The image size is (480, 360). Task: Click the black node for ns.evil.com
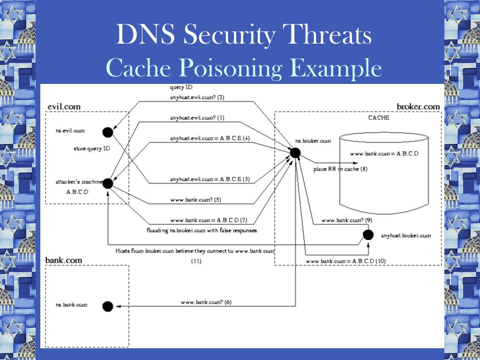point(108,132)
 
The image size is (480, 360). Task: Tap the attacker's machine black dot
point(107,183)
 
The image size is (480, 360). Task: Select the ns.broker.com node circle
point(295,152)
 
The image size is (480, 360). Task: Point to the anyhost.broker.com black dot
point(368,235)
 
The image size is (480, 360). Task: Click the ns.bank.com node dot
point(108,306)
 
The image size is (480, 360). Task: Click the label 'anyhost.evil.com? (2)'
point(197,97)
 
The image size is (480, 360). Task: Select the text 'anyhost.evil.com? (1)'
point(197,118)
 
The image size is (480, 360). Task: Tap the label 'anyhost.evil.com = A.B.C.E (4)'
point(210,138)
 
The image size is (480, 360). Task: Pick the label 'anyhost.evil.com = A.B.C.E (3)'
point(210,179)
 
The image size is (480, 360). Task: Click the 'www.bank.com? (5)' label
point(196,200)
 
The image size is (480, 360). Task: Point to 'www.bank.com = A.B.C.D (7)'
point(209,220)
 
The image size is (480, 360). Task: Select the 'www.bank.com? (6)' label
point(206,302)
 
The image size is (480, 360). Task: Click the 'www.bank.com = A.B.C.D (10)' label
point(345,261)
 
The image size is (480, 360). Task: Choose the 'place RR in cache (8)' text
point(340,169)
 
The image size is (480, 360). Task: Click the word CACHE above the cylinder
point(379,118)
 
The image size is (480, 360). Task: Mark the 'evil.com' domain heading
point(64,106)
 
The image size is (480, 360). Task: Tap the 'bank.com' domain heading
point(63,260)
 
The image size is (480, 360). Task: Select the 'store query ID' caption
point(92,149)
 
